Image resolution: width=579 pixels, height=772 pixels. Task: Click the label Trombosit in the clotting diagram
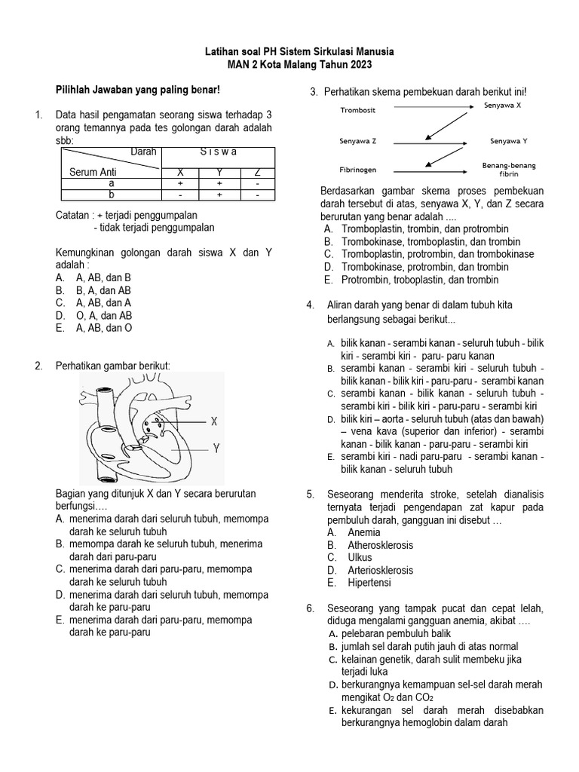point(358,110)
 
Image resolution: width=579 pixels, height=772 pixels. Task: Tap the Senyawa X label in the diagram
point(502,105)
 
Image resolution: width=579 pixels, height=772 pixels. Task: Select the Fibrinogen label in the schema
point(359,170)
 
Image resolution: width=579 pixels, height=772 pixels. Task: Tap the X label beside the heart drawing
point(215,421)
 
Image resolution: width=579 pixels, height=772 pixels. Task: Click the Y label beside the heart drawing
point(216,448)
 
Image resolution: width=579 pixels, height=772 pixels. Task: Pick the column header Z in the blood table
point(257,172)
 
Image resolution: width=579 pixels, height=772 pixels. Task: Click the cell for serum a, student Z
point(257,183)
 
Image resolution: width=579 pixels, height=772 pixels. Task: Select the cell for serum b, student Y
point(219,195)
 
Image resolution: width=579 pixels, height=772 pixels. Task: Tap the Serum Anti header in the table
point(93,172)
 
